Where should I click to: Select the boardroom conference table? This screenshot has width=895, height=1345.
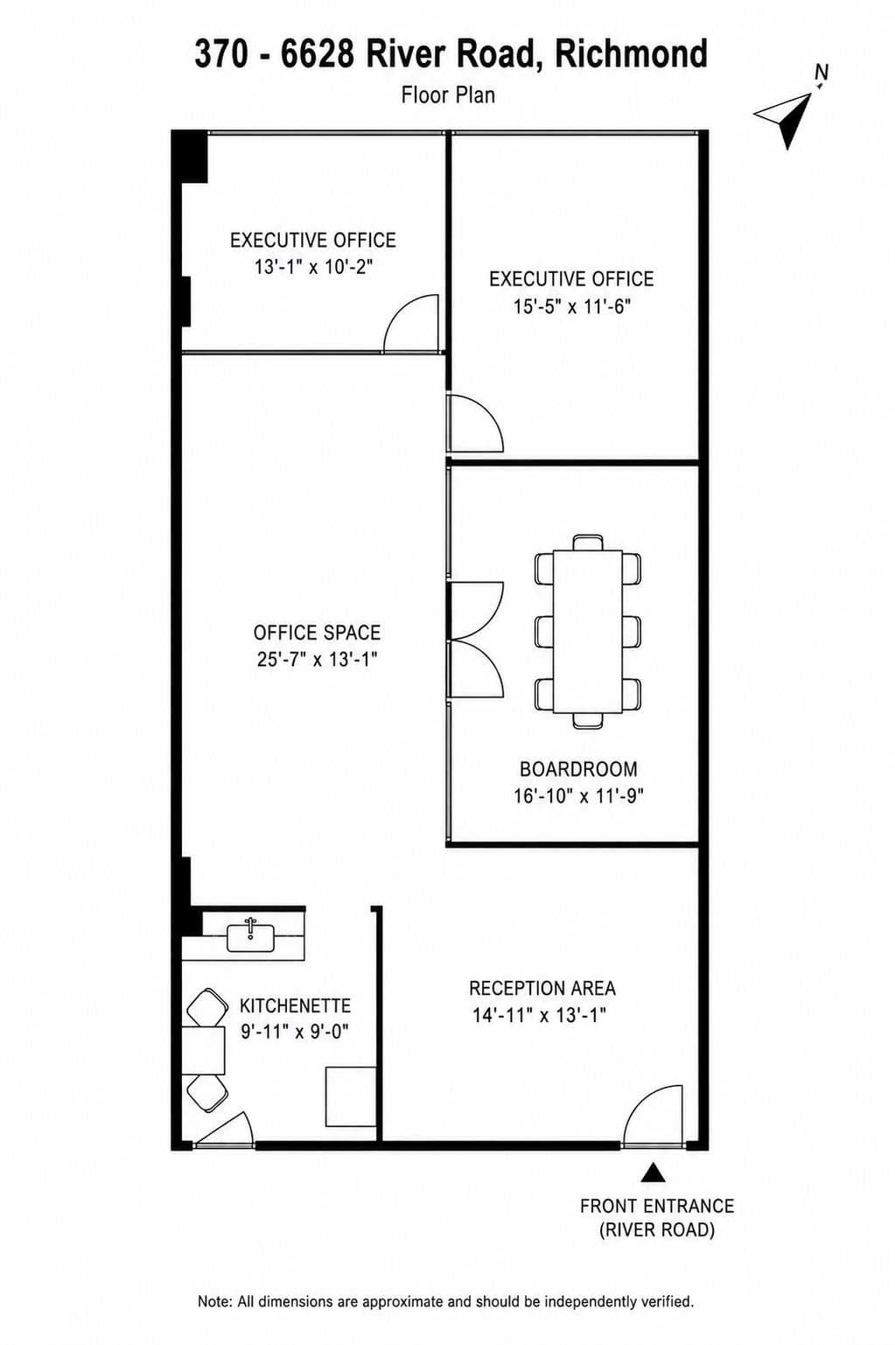[x=588, y=631]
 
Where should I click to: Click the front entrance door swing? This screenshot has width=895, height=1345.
[x=653, y=1115]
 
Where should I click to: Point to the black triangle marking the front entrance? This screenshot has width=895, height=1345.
[x=653, y=1173]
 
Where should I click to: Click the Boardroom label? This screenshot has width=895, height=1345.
[x=578, y=769]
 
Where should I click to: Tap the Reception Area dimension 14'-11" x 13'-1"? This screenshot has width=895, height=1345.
[x=539, y=1015]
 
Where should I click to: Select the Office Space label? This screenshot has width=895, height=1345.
[x=317, y=633]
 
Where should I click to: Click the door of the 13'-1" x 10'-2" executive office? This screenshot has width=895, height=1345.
[x=411, y=325]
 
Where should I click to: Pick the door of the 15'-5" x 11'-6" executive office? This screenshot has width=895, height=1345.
[x=475, y=423]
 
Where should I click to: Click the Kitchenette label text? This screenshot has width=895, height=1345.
[x=295, y=1005]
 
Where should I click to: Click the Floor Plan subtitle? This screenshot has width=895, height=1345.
[x=448, y=95]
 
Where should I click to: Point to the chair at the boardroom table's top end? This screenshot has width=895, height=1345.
[x=588, y=542]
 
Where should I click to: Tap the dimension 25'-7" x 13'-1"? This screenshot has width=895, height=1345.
[x=317, y=659]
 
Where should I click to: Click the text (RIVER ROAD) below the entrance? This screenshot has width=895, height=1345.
[x=657, y=1229]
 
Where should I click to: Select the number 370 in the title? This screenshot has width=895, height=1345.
[x=220, y=53]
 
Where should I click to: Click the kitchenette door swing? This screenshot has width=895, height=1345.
[x=225, y=1129]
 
